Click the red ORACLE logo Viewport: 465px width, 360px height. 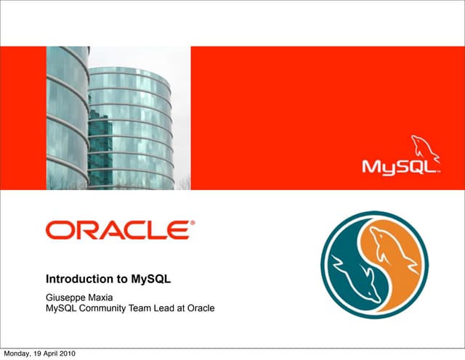pos(120,231)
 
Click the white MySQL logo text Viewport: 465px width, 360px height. pos(401,167)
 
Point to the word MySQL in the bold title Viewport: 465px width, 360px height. pos(150,278)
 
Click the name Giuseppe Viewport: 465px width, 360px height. pos(68,296)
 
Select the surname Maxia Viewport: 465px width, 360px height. pos(105,296)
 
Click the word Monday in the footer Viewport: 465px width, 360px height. pos(16,353)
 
